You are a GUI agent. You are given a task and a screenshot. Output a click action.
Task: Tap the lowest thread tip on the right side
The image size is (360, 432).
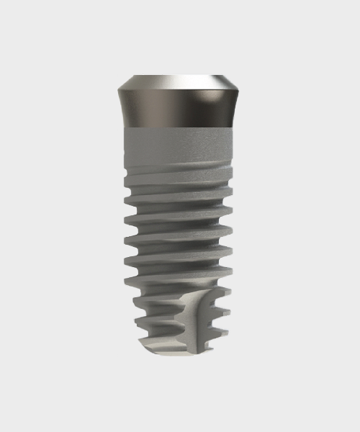point(230,333)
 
